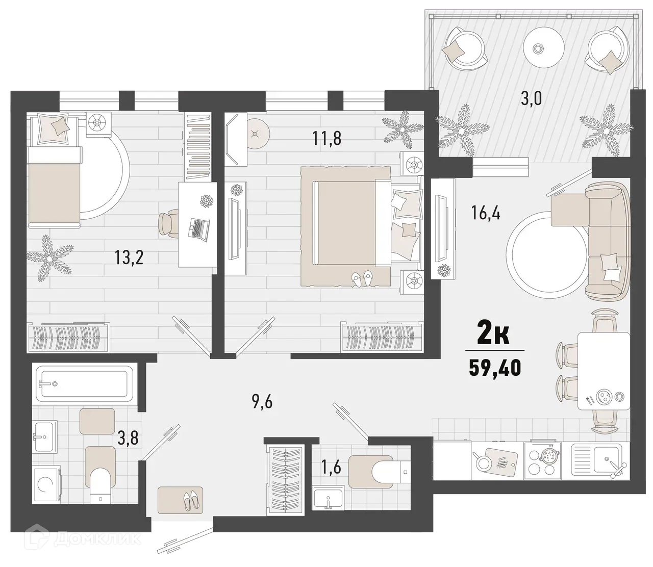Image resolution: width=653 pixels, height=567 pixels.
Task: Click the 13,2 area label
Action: pyautogui.click(x=129, y=257)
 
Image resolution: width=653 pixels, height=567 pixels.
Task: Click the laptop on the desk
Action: pyautogui.click(x=199, y=227)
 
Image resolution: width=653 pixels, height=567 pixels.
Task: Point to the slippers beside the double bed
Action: pyautogui.click(x=362, y=278)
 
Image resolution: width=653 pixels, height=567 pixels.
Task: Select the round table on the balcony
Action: pyautogui.click(x=537, y=48)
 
